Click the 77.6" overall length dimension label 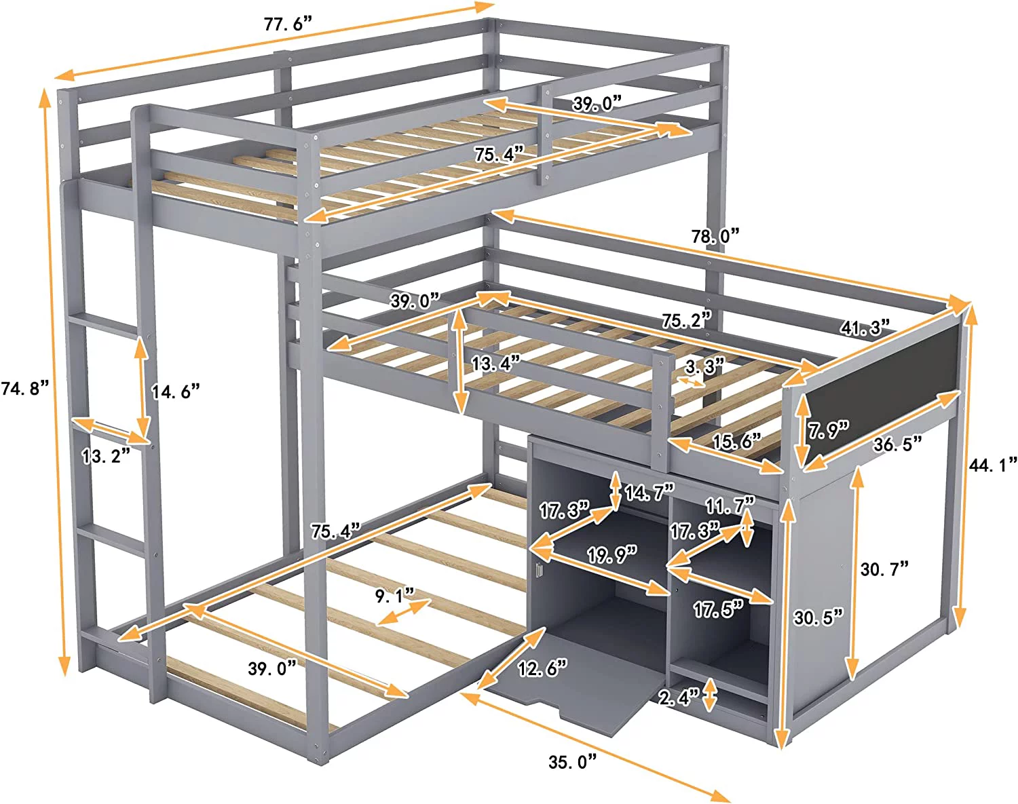click(287, 24)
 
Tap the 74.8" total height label click(24, 389)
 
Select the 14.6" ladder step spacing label click(175, 391)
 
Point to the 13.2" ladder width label click(105, 456)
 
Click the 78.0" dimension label click(715, 236)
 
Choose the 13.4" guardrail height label click(495, 364)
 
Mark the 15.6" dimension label click(736, 442)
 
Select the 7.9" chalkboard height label click(828, 429)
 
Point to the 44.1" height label click(993, 465)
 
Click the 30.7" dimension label click(884, 569)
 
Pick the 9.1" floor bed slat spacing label click(394, 596)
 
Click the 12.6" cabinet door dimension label click(542, 668)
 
